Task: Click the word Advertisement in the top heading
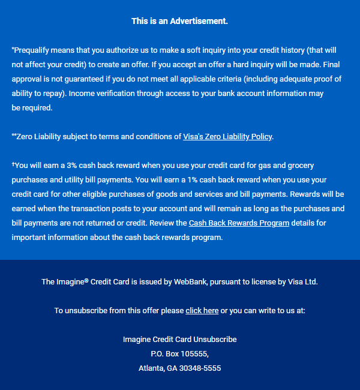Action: [199, 21]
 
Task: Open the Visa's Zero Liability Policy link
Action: [227, 136]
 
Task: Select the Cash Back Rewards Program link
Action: [239, 223]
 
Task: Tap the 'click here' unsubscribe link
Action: [202, 310]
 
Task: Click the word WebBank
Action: [191, 281]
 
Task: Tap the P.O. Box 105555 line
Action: [180, 353]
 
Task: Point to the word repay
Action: [54, 94]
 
